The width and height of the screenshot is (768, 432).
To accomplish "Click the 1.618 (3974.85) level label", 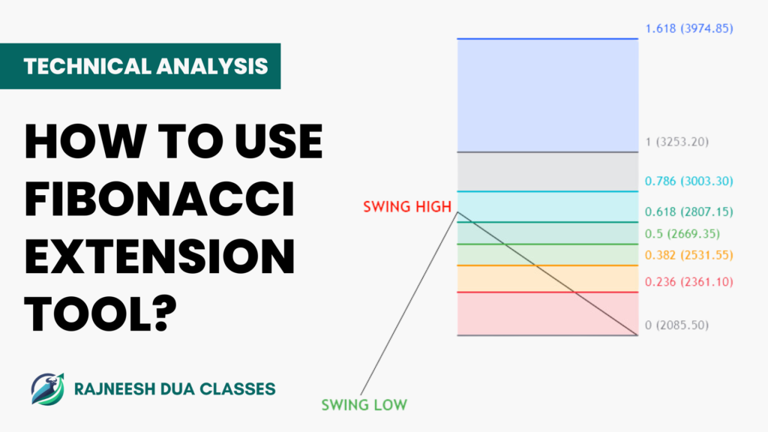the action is [689, 28].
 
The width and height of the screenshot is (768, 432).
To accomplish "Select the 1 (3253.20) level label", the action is [677, 142].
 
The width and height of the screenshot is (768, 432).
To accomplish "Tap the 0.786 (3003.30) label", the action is [689, 181].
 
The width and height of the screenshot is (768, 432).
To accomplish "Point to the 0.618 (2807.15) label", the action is [689, 211].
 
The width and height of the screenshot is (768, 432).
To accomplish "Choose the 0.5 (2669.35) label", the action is [682, 234].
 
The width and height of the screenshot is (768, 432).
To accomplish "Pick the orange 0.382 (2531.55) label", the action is [689, 255].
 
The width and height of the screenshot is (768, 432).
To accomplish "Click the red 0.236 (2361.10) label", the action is [689, 282].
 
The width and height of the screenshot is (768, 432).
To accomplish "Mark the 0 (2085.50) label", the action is [677, 325].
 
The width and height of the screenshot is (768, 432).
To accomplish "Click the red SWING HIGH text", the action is [407, 207].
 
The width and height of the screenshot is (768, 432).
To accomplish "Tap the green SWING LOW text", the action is [364, 405].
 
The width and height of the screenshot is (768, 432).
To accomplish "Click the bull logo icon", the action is [47, 389].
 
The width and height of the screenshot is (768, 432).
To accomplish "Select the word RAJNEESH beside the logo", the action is [115, 389].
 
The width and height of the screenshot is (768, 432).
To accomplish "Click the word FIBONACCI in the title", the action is [160, 199].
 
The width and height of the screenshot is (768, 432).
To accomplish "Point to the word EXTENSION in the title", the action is [160, 256].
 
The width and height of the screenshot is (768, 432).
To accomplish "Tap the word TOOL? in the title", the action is [100, 314].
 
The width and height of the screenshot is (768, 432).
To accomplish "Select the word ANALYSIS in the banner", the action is [212, 66].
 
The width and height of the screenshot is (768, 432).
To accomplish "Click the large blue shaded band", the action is [547, 95].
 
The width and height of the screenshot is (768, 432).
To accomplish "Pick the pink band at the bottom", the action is [547, 313].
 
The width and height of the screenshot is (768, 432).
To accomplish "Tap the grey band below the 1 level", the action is [547, 172].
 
